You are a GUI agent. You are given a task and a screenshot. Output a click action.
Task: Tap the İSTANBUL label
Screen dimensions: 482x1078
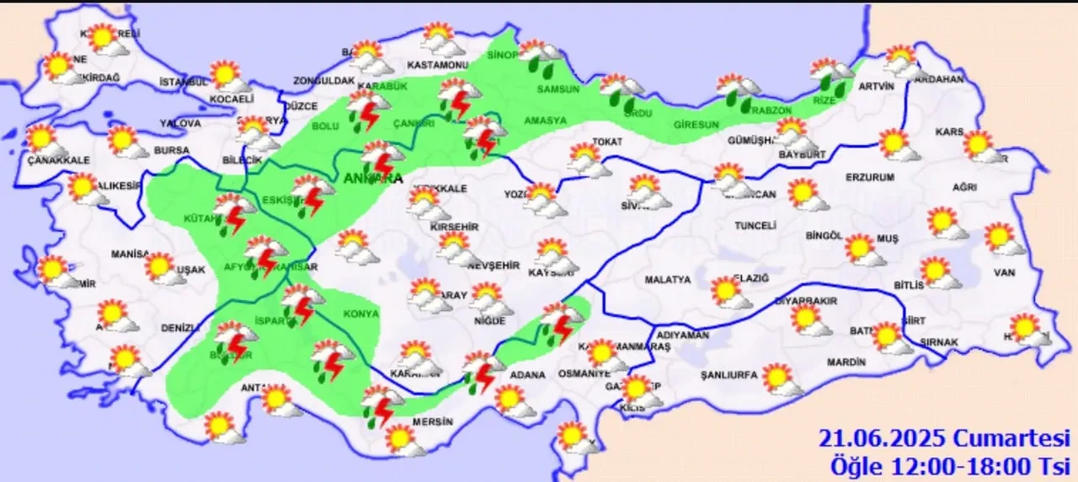tap(183, 82)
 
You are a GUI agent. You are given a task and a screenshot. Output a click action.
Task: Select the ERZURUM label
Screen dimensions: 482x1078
tap(872, 177)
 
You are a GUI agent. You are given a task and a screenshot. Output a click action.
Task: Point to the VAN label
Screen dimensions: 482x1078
tap(1005, 272)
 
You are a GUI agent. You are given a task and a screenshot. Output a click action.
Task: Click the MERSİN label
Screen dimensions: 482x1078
tap(433, 421)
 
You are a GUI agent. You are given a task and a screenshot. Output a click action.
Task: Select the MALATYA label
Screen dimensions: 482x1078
tap(667, 279)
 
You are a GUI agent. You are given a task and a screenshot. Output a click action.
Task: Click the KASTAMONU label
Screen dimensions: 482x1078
tap(437, 65)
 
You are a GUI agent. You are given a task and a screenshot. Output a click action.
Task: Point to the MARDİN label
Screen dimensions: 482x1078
tap(846, 362)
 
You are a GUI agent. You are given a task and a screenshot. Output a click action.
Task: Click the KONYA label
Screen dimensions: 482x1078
tap(362, 313)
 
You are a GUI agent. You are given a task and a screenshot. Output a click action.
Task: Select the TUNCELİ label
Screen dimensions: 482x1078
tap(755, 227)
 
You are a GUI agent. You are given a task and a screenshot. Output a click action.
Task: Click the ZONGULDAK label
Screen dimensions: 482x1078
tap(323, 81)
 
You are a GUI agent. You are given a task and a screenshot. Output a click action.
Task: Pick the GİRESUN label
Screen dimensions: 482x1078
tap(696, 125)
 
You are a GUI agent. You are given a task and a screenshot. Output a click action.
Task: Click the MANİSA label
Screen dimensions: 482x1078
tap(131, 254)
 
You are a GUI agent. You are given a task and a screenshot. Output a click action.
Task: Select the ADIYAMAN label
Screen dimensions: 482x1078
tap(682, 335)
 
